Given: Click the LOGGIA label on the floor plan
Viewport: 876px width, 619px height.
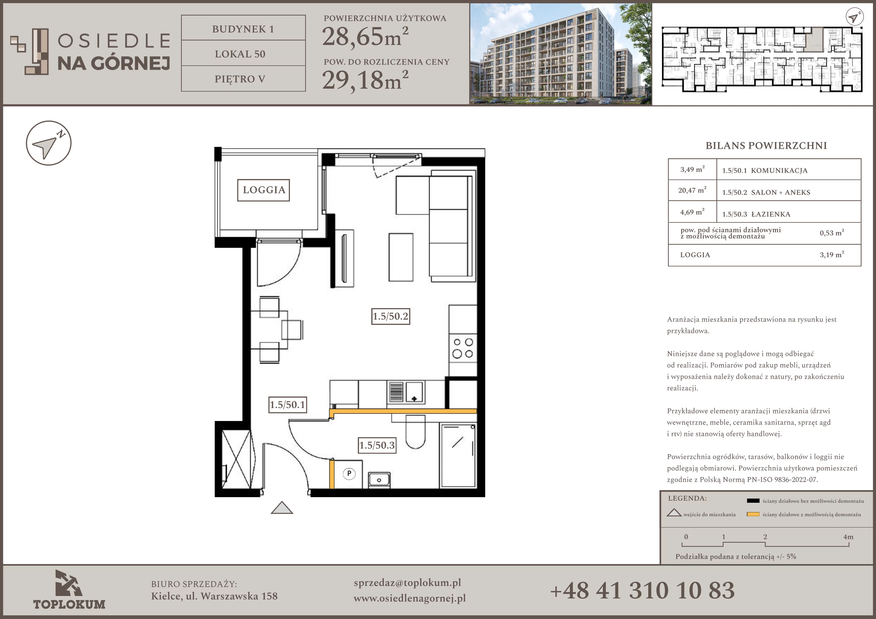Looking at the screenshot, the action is click(x=264, y=190).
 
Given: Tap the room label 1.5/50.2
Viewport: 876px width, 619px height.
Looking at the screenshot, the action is click(x=391, y=316).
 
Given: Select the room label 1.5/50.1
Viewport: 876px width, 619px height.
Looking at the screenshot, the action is click(x=288, y=405).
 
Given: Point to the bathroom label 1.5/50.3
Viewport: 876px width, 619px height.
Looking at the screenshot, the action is click(x=377, y=445).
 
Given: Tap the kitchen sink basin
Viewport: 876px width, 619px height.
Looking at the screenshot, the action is click(x=414, y=392).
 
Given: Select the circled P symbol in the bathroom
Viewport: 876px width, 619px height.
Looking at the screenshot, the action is click(x=349, y=474).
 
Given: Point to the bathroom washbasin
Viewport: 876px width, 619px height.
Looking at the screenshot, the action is click(x=379, y=480).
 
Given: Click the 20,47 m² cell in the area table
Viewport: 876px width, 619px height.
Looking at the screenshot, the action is click(x=692, y=190).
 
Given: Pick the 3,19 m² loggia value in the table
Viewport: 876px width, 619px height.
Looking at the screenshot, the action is click(x=832, y=255).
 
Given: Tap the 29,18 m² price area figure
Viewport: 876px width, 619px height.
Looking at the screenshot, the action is click(x=365, y=80).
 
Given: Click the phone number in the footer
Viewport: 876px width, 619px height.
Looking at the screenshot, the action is click(x=642, y=590).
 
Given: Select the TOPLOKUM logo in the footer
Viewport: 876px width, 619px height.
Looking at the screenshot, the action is click(x=69, y=590).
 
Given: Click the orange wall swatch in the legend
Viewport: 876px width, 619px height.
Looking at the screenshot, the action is click(x=753, y=514).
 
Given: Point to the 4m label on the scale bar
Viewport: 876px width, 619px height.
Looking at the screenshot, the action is click(x=848, y=537).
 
